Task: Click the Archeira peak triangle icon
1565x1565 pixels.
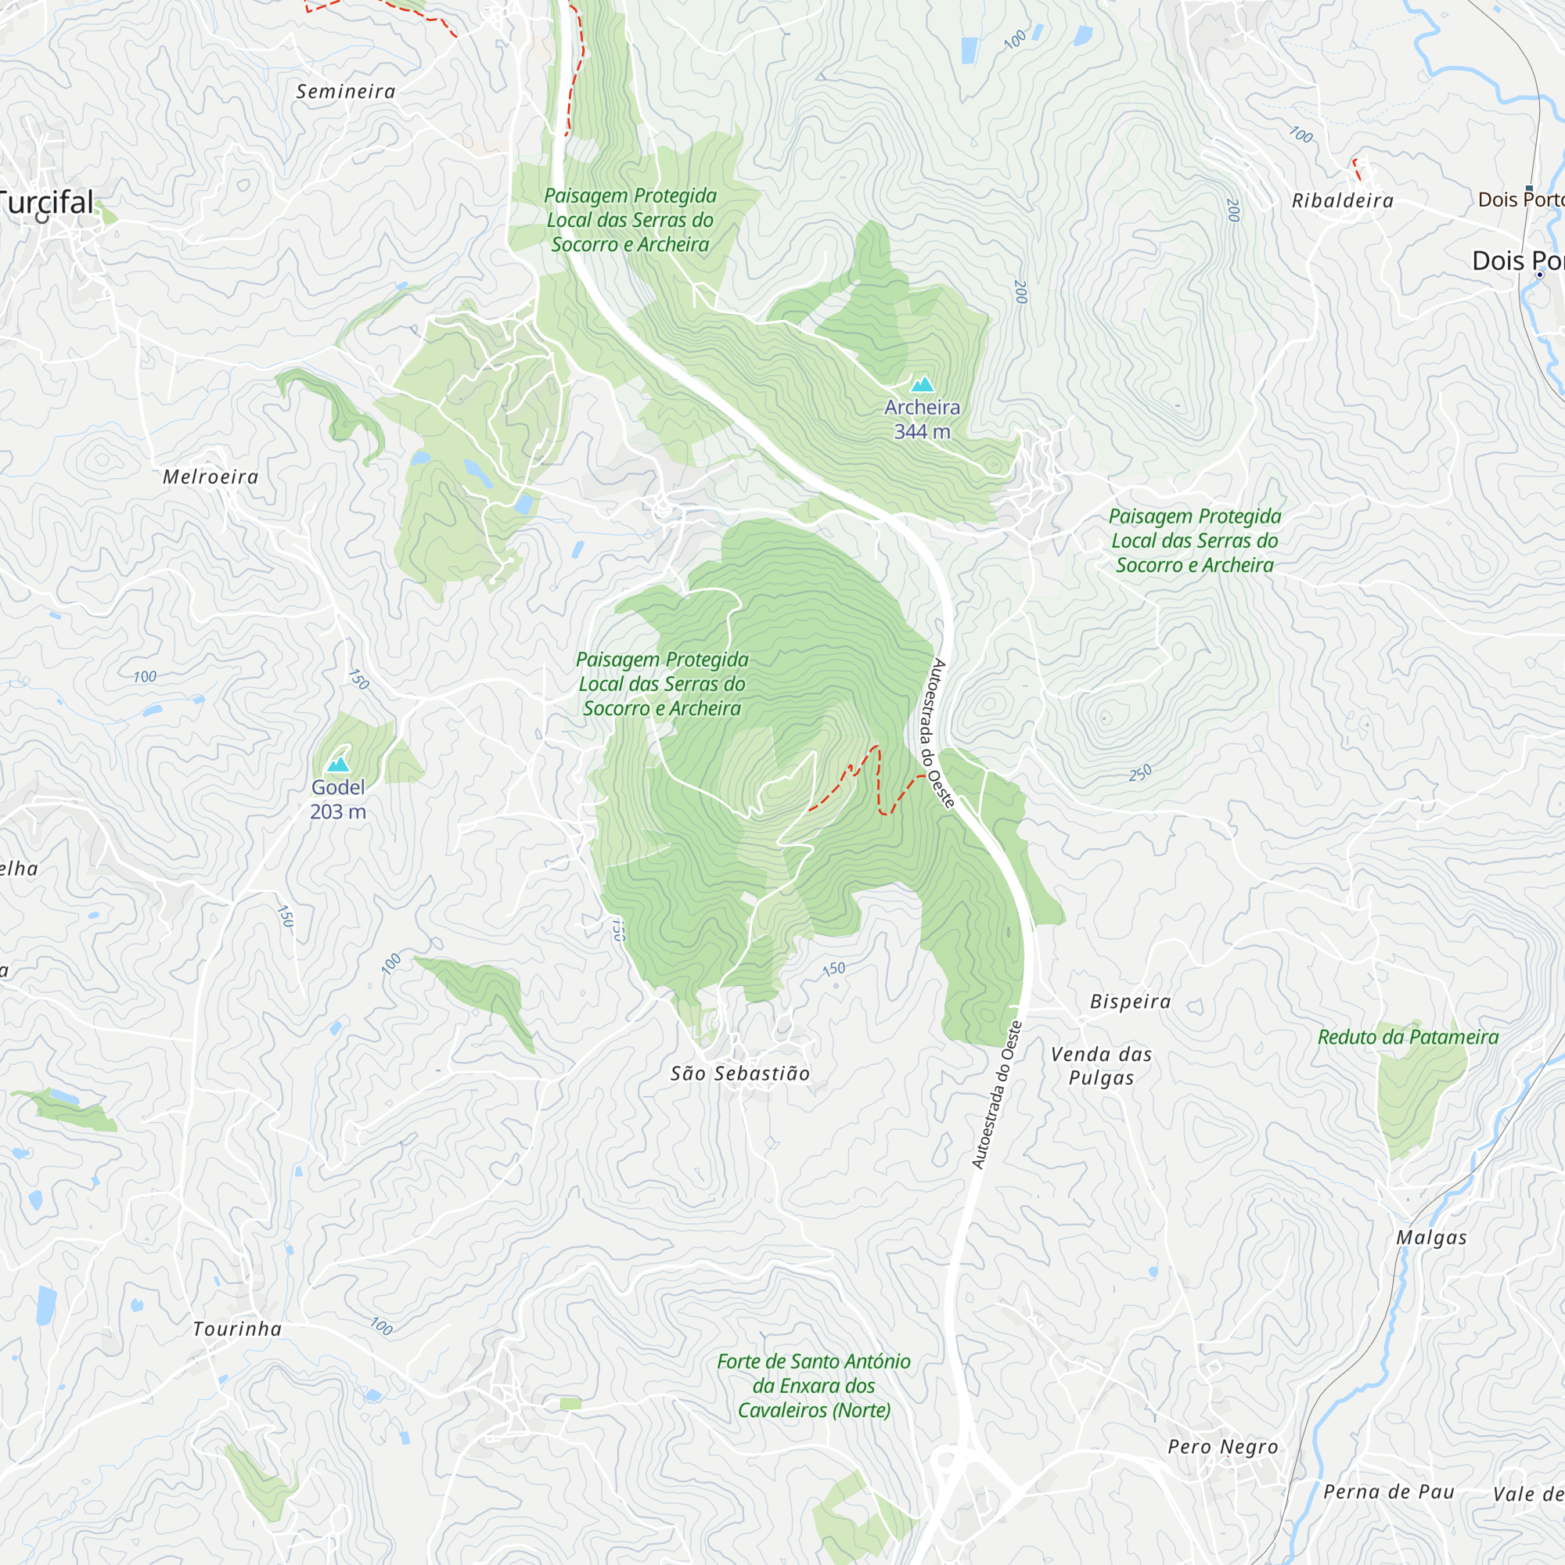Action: (x=922, y=385)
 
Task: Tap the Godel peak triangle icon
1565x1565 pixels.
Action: (x=338, y=764)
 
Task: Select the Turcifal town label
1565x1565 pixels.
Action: (x=47, y=203)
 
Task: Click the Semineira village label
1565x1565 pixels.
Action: (x=346, y=92)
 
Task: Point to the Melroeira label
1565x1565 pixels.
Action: (x=210, y=477)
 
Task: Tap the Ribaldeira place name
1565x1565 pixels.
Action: (x=1342, y=201)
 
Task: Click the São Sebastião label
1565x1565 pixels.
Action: (x=739, y=1074)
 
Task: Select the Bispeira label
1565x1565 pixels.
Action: (x=1130, y=1002)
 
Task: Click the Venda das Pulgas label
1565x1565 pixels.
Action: (x=1101, y=1065)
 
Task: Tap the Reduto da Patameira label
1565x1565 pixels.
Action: (x=1408, y=1037)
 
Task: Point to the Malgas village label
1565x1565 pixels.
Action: (x=1431, y=1238)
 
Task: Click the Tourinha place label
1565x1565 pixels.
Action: (x=237, y=1329)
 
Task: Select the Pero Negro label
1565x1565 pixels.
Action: (x=1223, y=1447)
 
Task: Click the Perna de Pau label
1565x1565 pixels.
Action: (x=1388, y=1492)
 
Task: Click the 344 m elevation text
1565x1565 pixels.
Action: (x=922, y=432)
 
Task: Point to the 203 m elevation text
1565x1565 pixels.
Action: (x=338, y=811)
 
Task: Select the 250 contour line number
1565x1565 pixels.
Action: (x=1140, y=773)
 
